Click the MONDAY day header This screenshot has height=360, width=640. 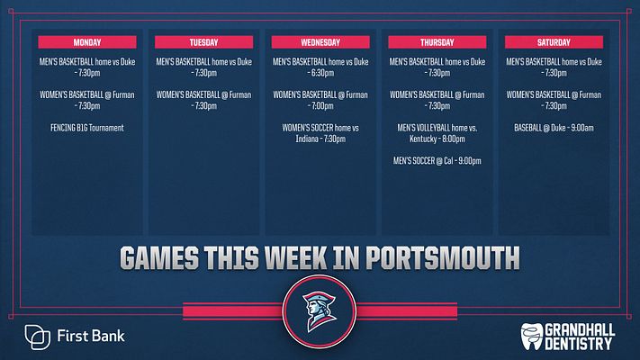pos(87,41)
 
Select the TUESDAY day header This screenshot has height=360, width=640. pos(203,41)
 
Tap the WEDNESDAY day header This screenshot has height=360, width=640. pos(320,41)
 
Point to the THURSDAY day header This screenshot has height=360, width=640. pos(437,41)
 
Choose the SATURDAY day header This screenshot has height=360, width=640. pos(553,41)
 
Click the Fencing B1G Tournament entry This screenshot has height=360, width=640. pos(87,128)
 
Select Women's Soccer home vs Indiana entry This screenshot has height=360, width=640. pos(320,133)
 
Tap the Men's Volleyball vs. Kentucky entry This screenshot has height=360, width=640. pos(437,133)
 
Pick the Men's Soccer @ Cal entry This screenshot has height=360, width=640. pos(437,161)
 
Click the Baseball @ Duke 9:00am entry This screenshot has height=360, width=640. pos(553,128)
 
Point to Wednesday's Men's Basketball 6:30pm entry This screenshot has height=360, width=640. pos(320,67)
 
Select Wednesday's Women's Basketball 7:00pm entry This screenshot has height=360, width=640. pos(320,100)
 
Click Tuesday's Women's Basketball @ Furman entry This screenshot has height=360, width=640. pos(203,100)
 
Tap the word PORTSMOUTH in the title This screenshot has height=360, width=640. pos(432,258)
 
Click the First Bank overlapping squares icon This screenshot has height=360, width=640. pos(38,337)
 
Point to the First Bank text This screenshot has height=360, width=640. pos(91,337)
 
